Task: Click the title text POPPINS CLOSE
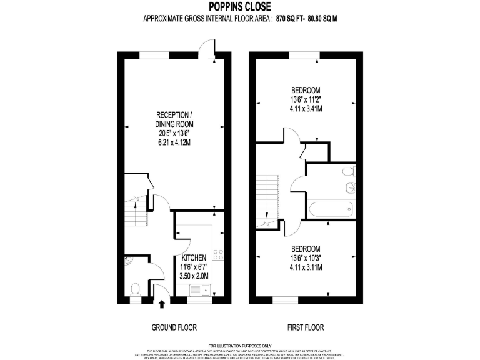[x=239, y=7]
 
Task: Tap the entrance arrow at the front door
[x=162, y=304]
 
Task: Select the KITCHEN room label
[x=194, y=257]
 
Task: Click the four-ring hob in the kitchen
[x=219, y=254]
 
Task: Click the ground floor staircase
[x=134, y=212]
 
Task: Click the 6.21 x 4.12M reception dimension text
[x=174, y=142]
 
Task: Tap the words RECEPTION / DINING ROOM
[x=174, y=119]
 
